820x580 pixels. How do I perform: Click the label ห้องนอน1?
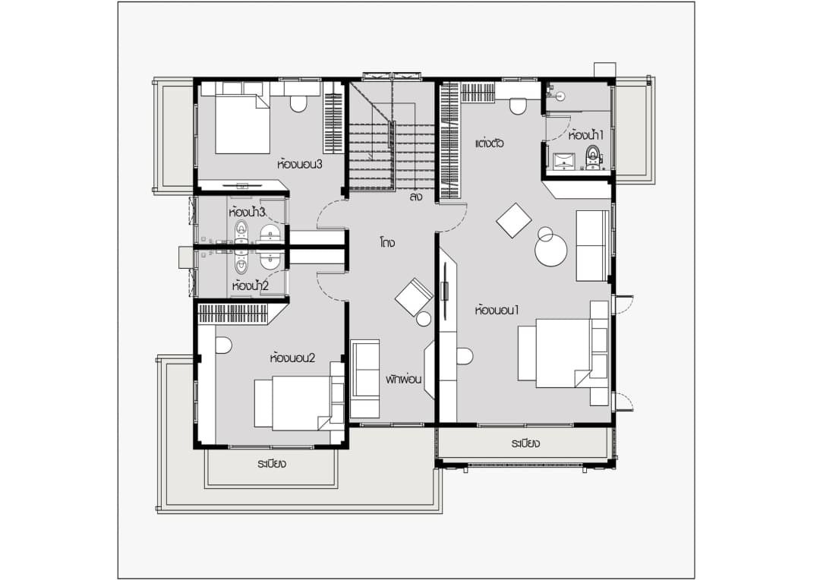point(497,310)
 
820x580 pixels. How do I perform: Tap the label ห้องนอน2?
point(292,358)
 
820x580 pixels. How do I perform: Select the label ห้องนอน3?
point(299,164)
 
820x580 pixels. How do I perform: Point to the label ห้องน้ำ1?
point(585,135)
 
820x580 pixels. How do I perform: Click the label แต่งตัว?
point(490,143)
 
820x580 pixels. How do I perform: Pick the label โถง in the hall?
point(387,243)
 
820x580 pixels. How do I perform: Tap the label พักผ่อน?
point(404,379)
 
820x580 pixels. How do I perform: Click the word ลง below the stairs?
point(416,197)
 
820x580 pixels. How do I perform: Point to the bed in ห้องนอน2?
point(299,402)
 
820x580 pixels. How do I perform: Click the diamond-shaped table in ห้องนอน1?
point(513,221)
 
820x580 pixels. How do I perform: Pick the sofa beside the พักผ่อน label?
point(364,379)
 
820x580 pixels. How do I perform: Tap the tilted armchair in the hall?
point(413,297)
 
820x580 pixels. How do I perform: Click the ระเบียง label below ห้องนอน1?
point(525,444)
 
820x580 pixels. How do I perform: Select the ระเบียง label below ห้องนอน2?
point(272,464)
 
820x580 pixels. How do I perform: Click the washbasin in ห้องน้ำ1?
point(563,160)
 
